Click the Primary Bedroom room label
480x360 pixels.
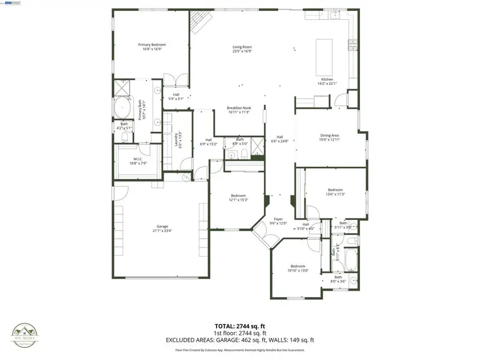pyautogui.click(x=152, y=45)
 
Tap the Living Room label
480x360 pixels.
pyautogui.click(x=242, y=47)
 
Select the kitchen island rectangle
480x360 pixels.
pyautogui.click(x=324, y=57)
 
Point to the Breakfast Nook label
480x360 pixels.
pyautogui.click(x=239, y=108)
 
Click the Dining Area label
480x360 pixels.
pyautogui.click(x=329, y=135)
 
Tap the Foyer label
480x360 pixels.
pyautogui.click(x=278, y=219)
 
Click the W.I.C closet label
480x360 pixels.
pyautogui.click(x=137, y=159)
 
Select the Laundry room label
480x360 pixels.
pyautogui.click(x=177, y=141)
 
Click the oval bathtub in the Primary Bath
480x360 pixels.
pyautogui.click(x=123, y=108)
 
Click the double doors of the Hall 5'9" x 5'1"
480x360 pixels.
pyautogui.click(x=175, y=81)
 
